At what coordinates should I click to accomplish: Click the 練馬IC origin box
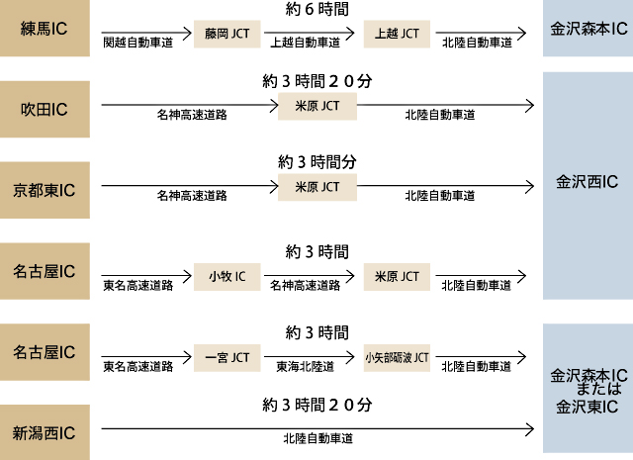(45, 28)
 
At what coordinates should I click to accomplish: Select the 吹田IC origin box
(45, 108)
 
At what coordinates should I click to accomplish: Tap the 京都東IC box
(45, 189)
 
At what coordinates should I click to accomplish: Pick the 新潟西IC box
(45, 432)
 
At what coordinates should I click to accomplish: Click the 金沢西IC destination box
(588, 182)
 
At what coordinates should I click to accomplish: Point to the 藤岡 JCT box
(227, 34)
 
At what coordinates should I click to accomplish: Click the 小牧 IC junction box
(227, 275)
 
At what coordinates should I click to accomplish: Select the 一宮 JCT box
(227, 356)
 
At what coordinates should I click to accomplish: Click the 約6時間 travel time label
(316, 9)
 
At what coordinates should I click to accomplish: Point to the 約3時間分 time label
(316, 161)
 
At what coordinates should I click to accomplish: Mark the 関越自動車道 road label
(137, 44)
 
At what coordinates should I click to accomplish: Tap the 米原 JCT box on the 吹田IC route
(316, 106)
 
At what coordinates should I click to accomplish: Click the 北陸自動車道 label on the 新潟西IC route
(318, 436)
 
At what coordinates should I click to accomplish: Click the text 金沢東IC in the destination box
(588, 407)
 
